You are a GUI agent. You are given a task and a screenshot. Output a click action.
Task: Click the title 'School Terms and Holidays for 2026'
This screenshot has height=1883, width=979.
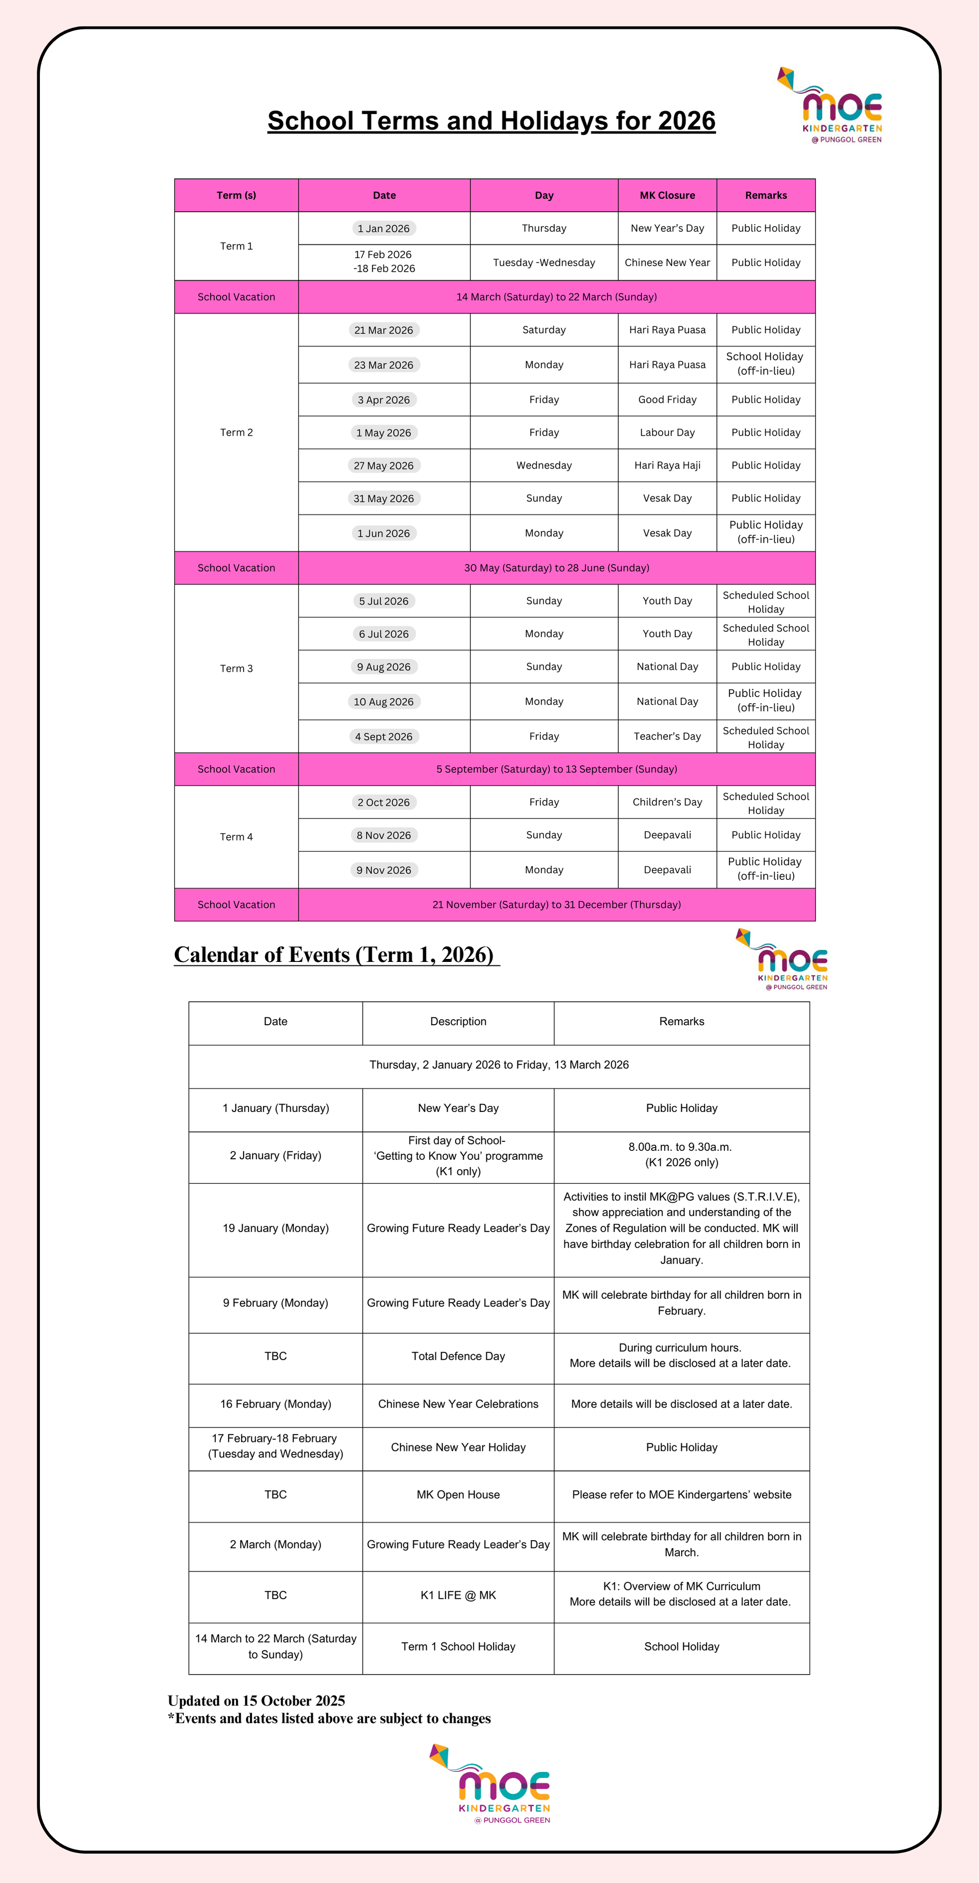(491, 121)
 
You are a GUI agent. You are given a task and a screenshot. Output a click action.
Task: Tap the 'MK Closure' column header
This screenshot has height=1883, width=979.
(667, 195)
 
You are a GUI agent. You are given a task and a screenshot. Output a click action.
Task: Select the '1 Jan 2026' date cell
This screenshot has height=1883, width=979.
(384, 228)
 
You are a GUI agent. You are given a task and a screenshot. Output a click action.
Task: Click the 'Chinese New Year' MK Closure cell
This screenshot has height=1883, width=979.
(667, 263)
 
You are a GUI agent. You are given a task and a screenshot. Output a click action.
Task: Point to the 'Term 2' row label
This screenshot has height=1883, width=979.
(236, 432)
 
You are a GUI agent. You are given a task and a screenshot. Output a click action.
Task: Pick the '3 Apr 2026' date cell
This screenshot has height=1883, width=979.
(384, 400)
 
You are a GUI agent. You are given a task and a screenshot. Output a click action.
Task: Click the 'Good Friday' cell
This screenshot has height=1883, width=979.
(667, 400)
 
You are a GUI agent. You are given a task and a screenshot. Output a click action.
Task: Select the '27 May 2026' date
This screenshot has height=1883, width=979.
(384, 466)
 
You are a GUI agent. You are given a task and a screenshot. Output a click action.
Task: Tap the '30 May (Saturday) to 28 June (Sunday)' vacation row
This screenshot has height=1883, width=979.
(556, 568)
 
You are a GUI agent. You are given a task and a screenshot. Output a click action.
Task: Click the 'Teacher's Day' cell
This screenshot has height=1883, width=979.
(667, 736)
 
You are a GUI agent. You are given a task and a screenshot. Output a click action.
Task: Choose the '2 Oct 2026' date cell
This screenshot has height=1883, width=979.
(384, 802)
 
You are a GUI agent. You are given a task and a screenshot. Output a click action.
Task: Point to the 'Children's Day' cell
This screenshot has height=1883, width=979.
(667, 802)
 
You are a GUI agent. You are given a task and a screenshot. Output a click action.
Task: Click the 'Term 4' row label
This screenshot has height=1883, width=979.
(236, 836)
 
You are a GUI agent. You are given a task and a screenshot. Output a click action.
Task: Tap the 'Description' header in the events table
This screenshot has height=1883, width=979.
(458, 1021)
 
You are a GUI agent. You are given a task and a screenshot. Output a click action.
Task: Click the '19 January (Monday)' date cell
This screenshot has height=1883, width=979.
(276, 1228)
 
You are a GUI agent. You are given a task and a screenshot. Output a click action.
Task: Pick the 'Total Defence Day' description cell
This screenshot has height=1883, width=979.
(458, 1356)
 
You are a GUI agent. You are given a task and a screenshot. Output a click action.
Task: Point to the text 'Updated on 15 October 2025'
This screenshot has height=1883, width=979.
(257, 1701)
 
